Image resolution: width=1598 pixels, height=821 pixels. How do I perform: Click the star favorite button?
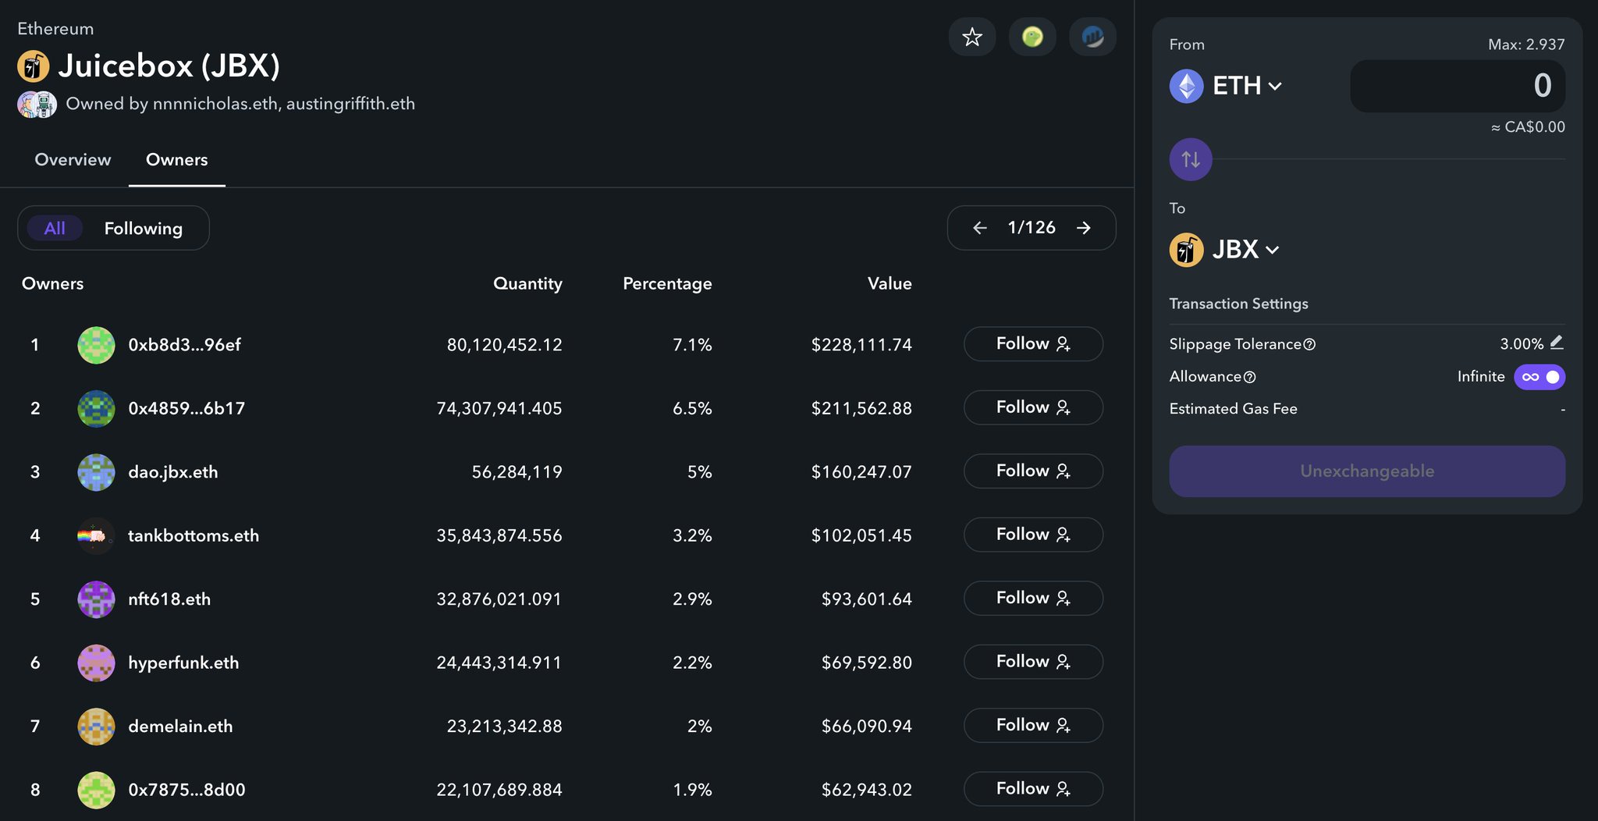pos(971,37)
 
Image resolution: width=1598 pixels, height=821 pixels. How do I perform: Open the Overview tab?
pos(73,159)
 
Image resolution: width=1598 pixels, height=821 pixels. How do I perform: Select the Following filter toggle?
pos(144,228)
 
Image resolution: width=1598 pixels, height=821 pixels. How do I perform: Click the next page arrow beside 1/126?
pos(1083,228)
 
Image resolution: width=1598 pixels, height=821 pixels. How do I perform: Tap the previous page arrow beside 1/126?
pos(980,228)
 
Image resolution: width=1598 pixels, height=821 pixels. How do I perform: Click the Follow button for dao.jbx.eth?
pos(1033,471)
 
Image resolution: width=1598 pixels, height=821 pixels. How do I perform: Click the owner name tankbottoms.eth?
pos(194,535)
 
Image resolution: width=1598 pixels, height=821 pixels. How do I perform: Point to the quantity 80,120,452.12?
pos(504,345)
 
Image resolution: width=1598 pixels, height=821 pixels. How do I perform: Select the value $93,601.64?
pos(866,599)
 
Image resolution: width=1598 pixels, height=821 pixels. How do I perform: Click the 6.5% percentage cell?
pos(692,408)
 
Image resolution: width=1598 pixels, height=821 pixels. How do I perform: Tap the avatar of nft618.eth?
pos(96,599)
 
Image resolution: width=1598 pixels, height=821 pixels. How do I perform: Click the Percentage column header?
pos(667,283)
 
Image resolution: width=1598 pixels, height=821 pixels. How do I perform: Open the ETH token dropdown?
pos(1226,86)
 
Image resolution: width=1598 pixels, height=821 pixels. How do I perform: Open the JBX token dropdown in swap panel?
pos(1224,250)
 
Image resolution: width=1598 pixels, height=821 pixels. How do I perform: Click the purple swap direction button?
pos(1191,159)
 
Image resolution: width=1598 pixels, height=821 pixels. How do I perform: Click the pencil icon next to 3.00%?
pos(1557,342)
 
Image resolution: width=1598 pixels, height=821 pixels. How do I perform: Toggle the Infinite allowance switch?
pos(1539,377)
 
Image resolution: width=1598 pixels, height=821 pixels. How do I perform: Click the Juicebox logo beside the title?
pos(34,66)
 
